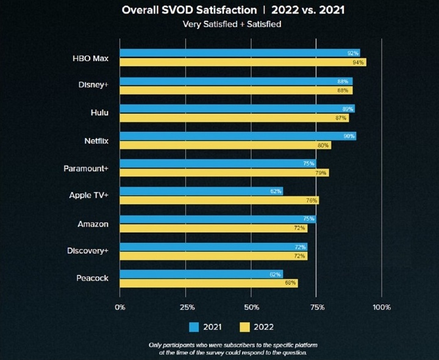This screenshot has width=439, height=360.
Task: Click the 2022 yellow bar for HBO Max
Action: (243, 62)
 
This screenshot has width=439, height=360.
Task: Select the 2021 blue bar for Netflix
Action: (238, 136)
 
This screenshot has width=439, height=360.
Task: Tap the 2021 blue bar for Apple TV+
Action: (201, 191)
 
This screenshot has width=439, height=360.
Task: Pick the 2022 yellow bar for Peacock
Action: (209, 283)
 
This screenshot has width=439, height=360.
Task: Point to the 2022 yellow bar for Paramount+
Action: (224, 173)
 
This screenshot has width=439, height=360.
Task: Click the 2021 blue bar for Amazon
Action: (218, 219)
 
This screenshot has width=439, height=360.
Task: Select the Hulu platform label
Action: (100, 113)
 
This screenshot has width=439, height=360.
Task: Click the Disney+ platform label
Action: (94, 85)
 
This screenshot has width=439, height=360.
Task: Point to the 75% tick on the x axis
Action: (316, 307)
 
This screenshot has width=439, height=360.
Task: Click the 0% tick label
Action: (120, 307)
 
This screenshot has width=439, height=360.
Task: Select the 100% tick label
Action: (382, 307)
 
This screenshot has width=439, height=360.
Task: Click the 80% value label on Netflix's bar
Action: (323, 145)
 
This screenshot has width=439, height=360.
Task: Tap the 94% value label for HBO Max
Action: (359, 62)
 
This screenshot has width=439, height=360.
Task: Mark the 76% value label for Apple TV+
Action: (312, 200)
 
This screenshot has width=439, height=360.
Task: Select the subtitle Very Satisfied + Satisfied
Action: (220, 24)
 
